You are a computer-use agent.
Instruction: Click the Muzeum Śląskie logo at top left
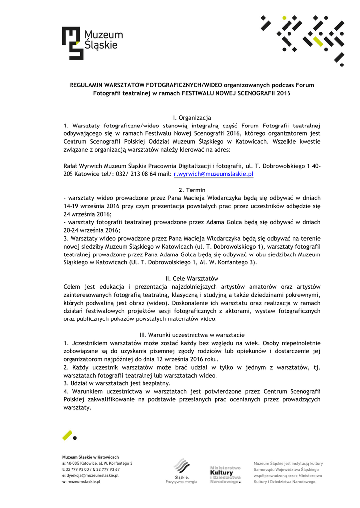point(92,43)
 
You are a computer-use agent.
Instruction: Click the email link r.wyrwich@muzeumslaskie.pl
point(214,174)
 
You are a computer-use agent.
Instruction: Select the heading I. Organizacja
point(192,118)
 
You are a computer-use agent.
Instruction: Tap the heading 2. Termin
point(192,190)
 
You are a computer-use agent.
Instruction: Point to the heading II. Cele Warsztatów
point(192,278)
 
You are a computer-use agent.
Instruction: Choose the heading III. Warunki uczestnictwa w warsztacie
point(192,335)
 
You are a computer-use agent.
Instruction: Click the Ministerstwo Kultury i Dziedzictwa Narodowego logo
point(225,475)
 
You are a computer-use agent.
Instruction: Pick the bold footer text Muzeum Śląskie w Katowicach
point(90,456)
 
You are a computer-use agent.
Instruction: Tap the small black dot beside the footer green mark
point(75,438)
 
